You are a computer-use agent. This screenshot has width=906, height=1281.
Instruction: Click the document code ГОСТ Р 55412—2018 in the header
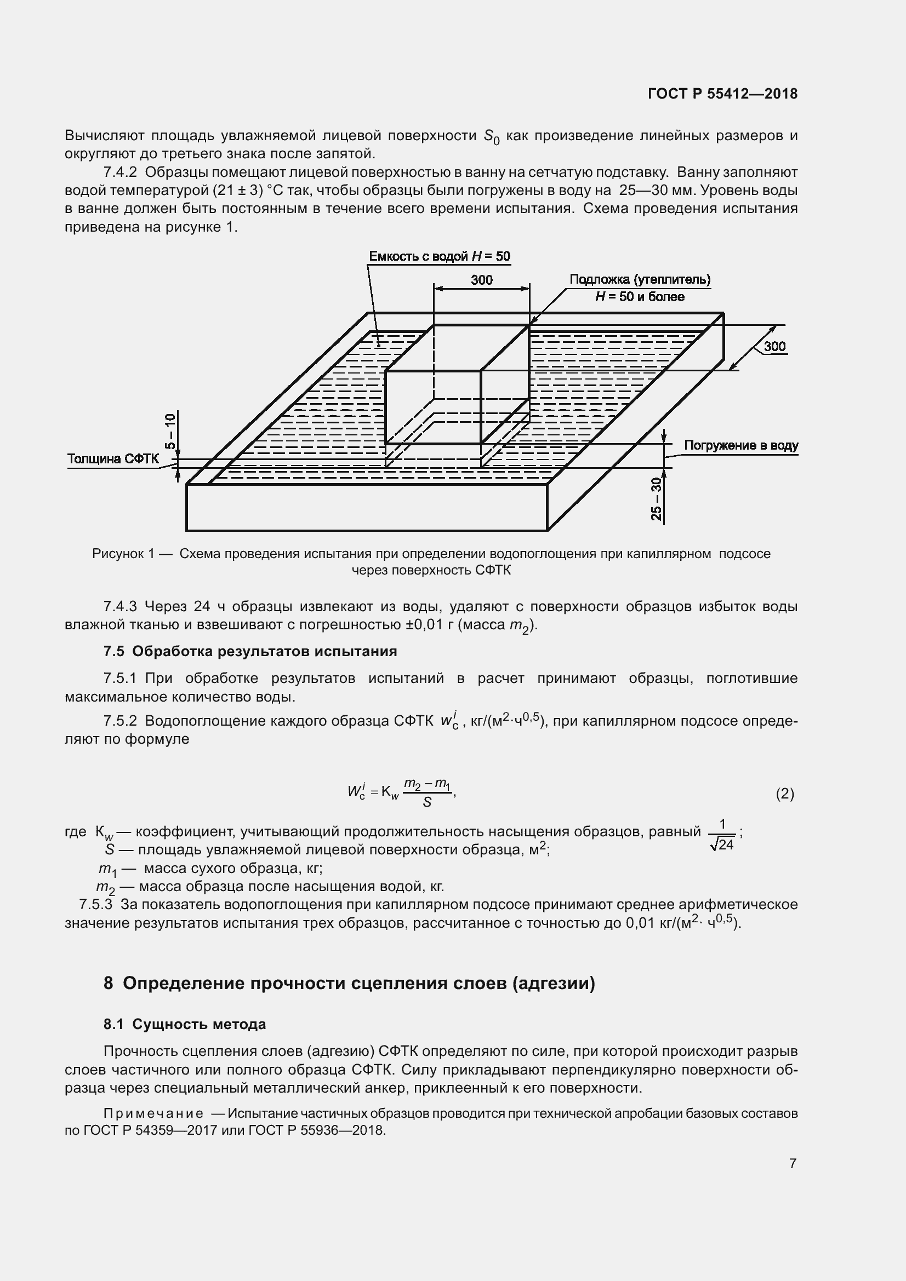coord(722,94)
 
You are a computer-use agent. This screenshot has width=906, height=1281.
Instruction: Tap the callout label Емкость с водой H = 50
coord(440,256)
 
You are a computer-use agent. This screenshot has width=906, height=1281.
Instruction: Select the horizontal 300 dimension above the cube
coord(481,280)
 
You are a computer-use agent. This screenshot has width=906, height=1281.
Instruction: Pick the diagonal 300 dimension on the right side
coord(774,347)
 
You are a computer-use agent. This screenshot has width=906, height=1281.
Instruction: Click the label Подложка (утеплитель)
coord(640,279)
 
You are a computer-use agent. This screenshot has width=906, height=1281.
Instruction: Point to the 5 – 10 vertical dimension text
coord(171,431)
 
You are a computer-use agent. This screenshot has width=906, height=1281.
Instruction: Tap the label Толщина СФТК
coord(113,459)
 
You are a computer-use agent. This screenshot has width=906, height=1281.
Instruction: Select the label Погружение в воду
coord(741,445)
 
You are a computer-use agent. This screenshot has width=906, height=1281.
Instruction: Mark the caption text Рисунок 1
coord(123,554)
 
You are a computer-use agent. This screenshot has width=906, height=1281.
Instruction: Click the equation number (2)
coord(784,794)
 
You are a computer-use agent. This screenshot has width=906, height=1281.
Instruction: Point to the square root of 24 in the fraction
coord(722,845)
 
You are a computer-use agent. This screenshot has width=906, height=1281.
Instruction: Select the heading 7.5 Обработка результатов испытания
coord(250,651)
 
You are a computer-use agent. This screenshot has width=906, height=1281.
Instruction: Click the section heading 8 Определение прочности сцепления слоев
coord(350,983)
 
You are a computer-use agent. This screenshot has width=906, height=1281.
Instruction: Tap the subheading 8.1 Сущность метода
coord(185,1024)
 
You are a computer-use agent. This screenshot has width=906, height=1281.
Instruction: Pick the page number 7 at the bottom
coord(792,1163)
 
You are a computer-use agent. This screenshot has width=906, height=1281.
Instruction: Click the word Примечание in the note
coord(153,1113)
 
